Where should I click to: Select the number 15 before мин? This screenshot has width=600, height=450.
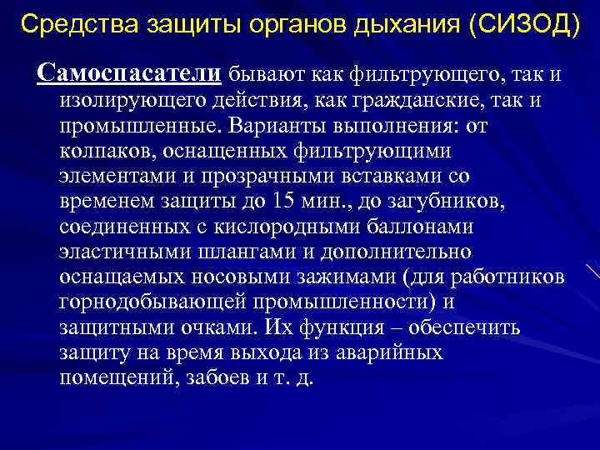tap(283, 202)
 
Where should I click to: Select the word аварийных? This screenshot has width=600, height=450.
tap(389, 352)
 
